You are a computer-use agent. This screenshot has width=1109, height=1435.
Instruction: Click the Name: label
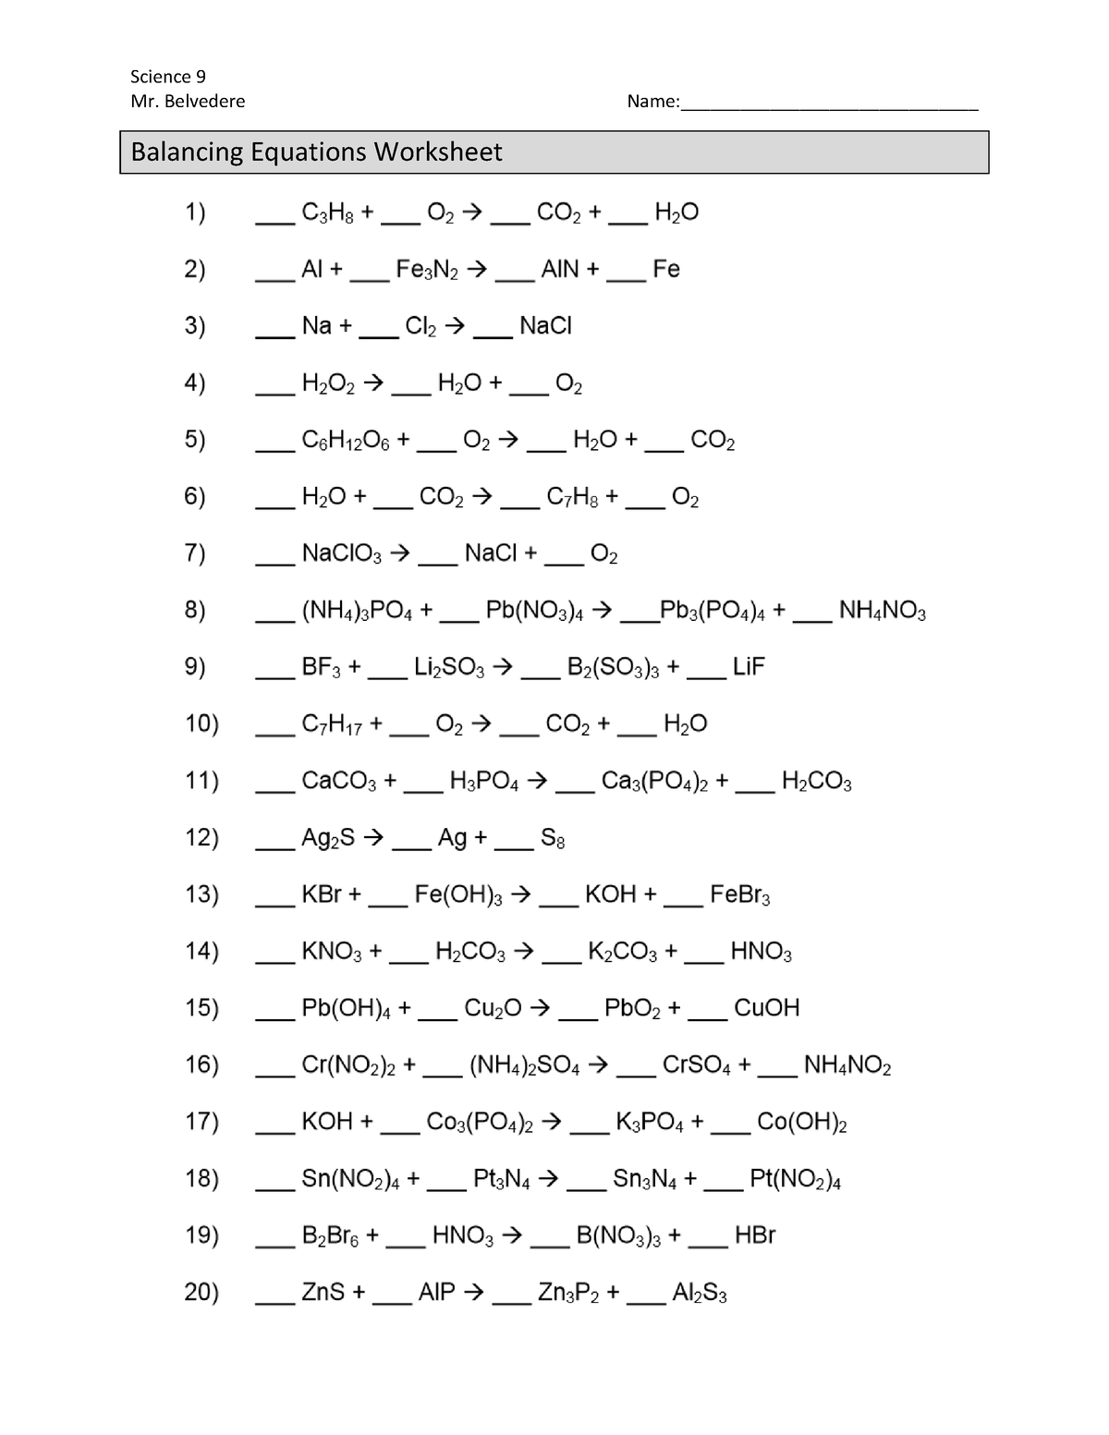(x=652, y=102)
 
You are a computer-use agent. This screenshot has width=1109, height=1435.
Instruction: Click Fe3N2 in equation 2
(x=427, y=270)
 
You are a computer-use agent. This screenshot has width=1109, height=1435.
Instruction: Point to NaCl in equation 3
(x=546, y=326)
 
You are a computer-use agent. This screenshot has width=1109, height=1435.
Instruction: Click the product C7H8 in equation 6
(x=572, y=498)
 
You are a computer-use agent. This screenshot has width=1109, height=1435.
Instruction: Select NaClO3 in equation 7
(x=341, y=554)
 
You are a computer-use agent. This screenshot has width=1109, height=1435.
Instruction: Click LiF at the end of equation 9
(x=749, y=667)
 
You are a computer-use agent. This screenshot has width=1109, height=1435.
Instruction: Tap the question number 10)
(x=201, y=724)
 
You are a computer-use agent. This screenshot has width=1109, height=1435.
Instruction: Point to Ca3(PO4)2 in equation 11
(x=654, y=782)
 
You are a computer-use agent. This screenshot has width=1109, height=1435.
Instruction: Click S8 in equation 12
(x=553, y=839)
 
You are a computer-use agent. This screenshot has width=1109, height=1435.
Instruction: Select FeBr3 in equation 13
(x=739, y=895)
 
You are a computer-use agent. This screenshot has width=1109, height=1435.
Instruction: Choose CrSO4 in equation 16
(x=697, y=1065)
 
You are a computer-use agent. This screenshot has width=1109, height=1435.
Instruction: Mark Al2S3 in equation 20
(x=699, y=1293)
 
